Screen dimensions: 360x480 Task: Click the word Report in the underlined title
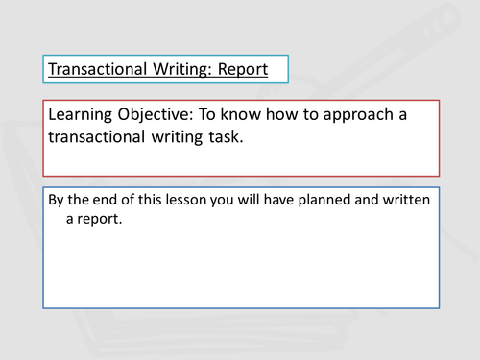(x=240, y=70)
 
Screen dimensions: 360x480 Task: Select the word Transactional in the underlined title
(x=96, y=70)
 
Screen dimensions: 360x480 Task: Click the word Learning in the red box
(x=84, y=114)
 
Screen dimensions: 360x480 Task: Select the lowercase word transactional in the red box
(x=106, y=137)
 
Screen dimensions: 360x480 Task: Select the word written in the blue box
(x=411, y=200)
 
